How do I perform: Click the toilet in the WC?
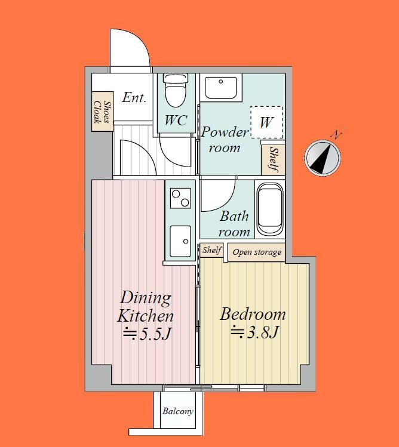pyautogui.click(x=176, y=90)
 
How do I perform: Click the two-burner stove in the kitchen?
pyautogui.click(x=180, y=198)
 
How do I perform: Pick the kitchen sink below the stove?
pyautogui.click(x=180, y=241)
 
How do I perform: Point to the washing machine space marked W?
pyautogui.click(x=267, y=122)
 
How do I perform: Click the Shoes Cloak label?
pyautogui.click(x=102, y=112)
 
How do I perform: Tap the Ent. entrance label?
pyautogui.click(x=134, y=97)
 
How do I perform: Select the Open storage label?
pyautogui.click(x=257, y=252)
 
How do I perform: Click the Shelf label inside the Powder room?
pyautogui.click(x=274, y=159)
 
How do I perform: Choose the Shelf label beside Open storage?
pyautogui.click(x=212, y=250)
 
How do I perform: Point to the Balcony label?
pyautogui.click(x=178, y=411)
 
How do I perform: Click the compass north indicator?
pyautogui.click(x=323, y=158)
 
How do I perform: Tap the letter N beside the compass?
pyautogui.click(x=337, y=135)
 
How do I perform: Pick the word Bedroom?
pyautogui.click(x=253, y=314)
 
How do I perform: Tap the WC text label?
pyautogui.click(x=176, y=121)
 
